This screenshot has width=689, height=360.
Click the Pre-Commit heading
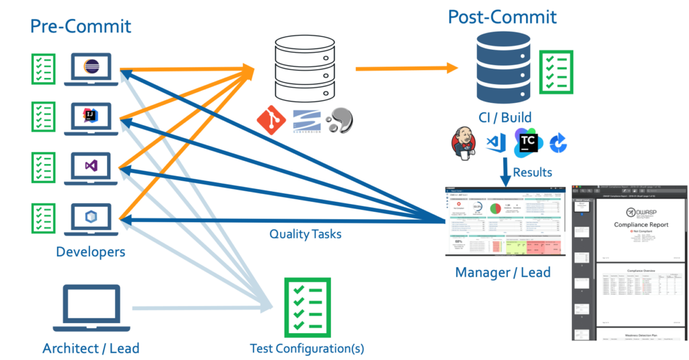tap(81, 26)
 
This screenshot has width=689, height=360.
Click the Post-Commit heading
tap(503, 16)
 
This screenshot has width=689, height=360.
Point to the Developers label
tap(91, 252)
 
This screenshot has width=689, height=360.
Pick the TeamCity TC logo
tap(528, 143)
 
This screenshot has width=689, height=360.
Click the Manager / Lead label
tap(503, 272)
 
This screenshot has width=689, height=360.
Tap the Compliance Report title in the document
tap(632, 224)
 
